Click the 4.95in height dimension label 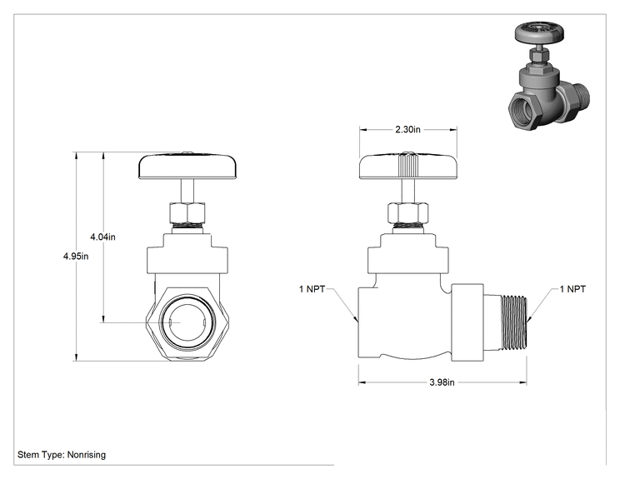(76, 256)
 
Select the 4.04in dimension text (102, 237)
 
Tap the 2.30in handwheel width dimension (408, 129)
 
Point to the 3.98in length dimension (442, 382)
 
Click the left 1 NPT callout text (312, 289)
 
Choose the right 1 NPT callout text (572, 289)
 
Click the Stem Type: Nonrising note (62, 455)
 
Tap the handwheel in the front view (187, 166)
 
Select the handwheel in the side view (408, 165)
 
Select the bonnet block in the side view (408, 254)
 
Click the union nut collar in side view (467, 322)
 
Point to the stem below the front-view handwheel (187, 191)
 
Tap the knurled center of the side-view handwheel (408, 165)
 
